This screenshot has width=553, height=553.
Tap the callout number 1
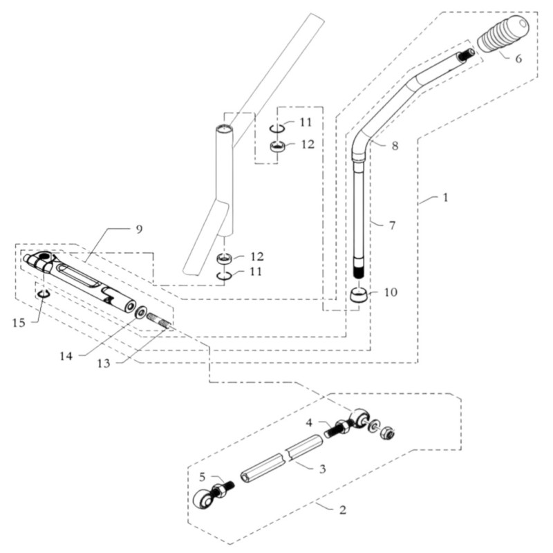point(445,197)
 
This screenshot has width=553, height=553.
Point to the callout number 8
point(395,146)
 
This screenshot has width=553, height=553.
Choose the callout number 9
point(139,229)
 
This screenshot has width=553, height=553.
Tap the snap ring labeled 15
point(42,295)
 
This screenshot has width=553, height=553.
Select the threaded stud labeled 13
point(159,321)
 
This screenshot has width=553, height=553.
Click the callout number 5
point(203,476)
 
